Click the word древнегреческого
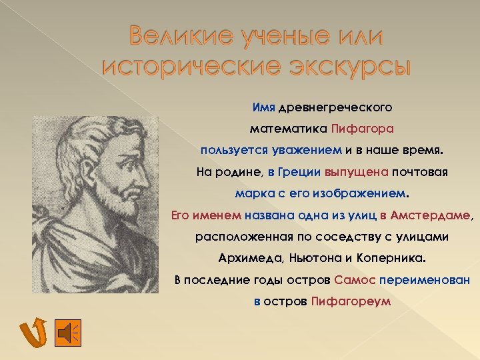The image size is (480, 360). (335, 107)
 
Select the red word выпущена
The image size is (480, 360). (357, 172)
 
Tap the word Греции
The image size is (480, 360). (301, 172)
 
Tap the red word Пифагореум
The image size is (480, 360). (351, 302)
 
